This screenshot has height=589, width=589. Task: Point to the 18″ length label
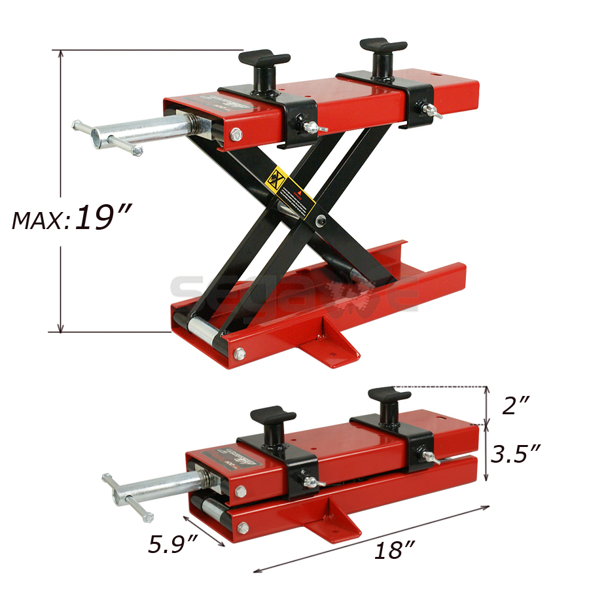pos(392,550)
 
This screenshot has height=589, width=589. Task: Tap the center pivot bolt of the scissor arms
pos(319,220)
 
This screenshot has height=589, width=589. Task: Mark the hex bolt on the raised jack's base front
pos(240,354)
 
